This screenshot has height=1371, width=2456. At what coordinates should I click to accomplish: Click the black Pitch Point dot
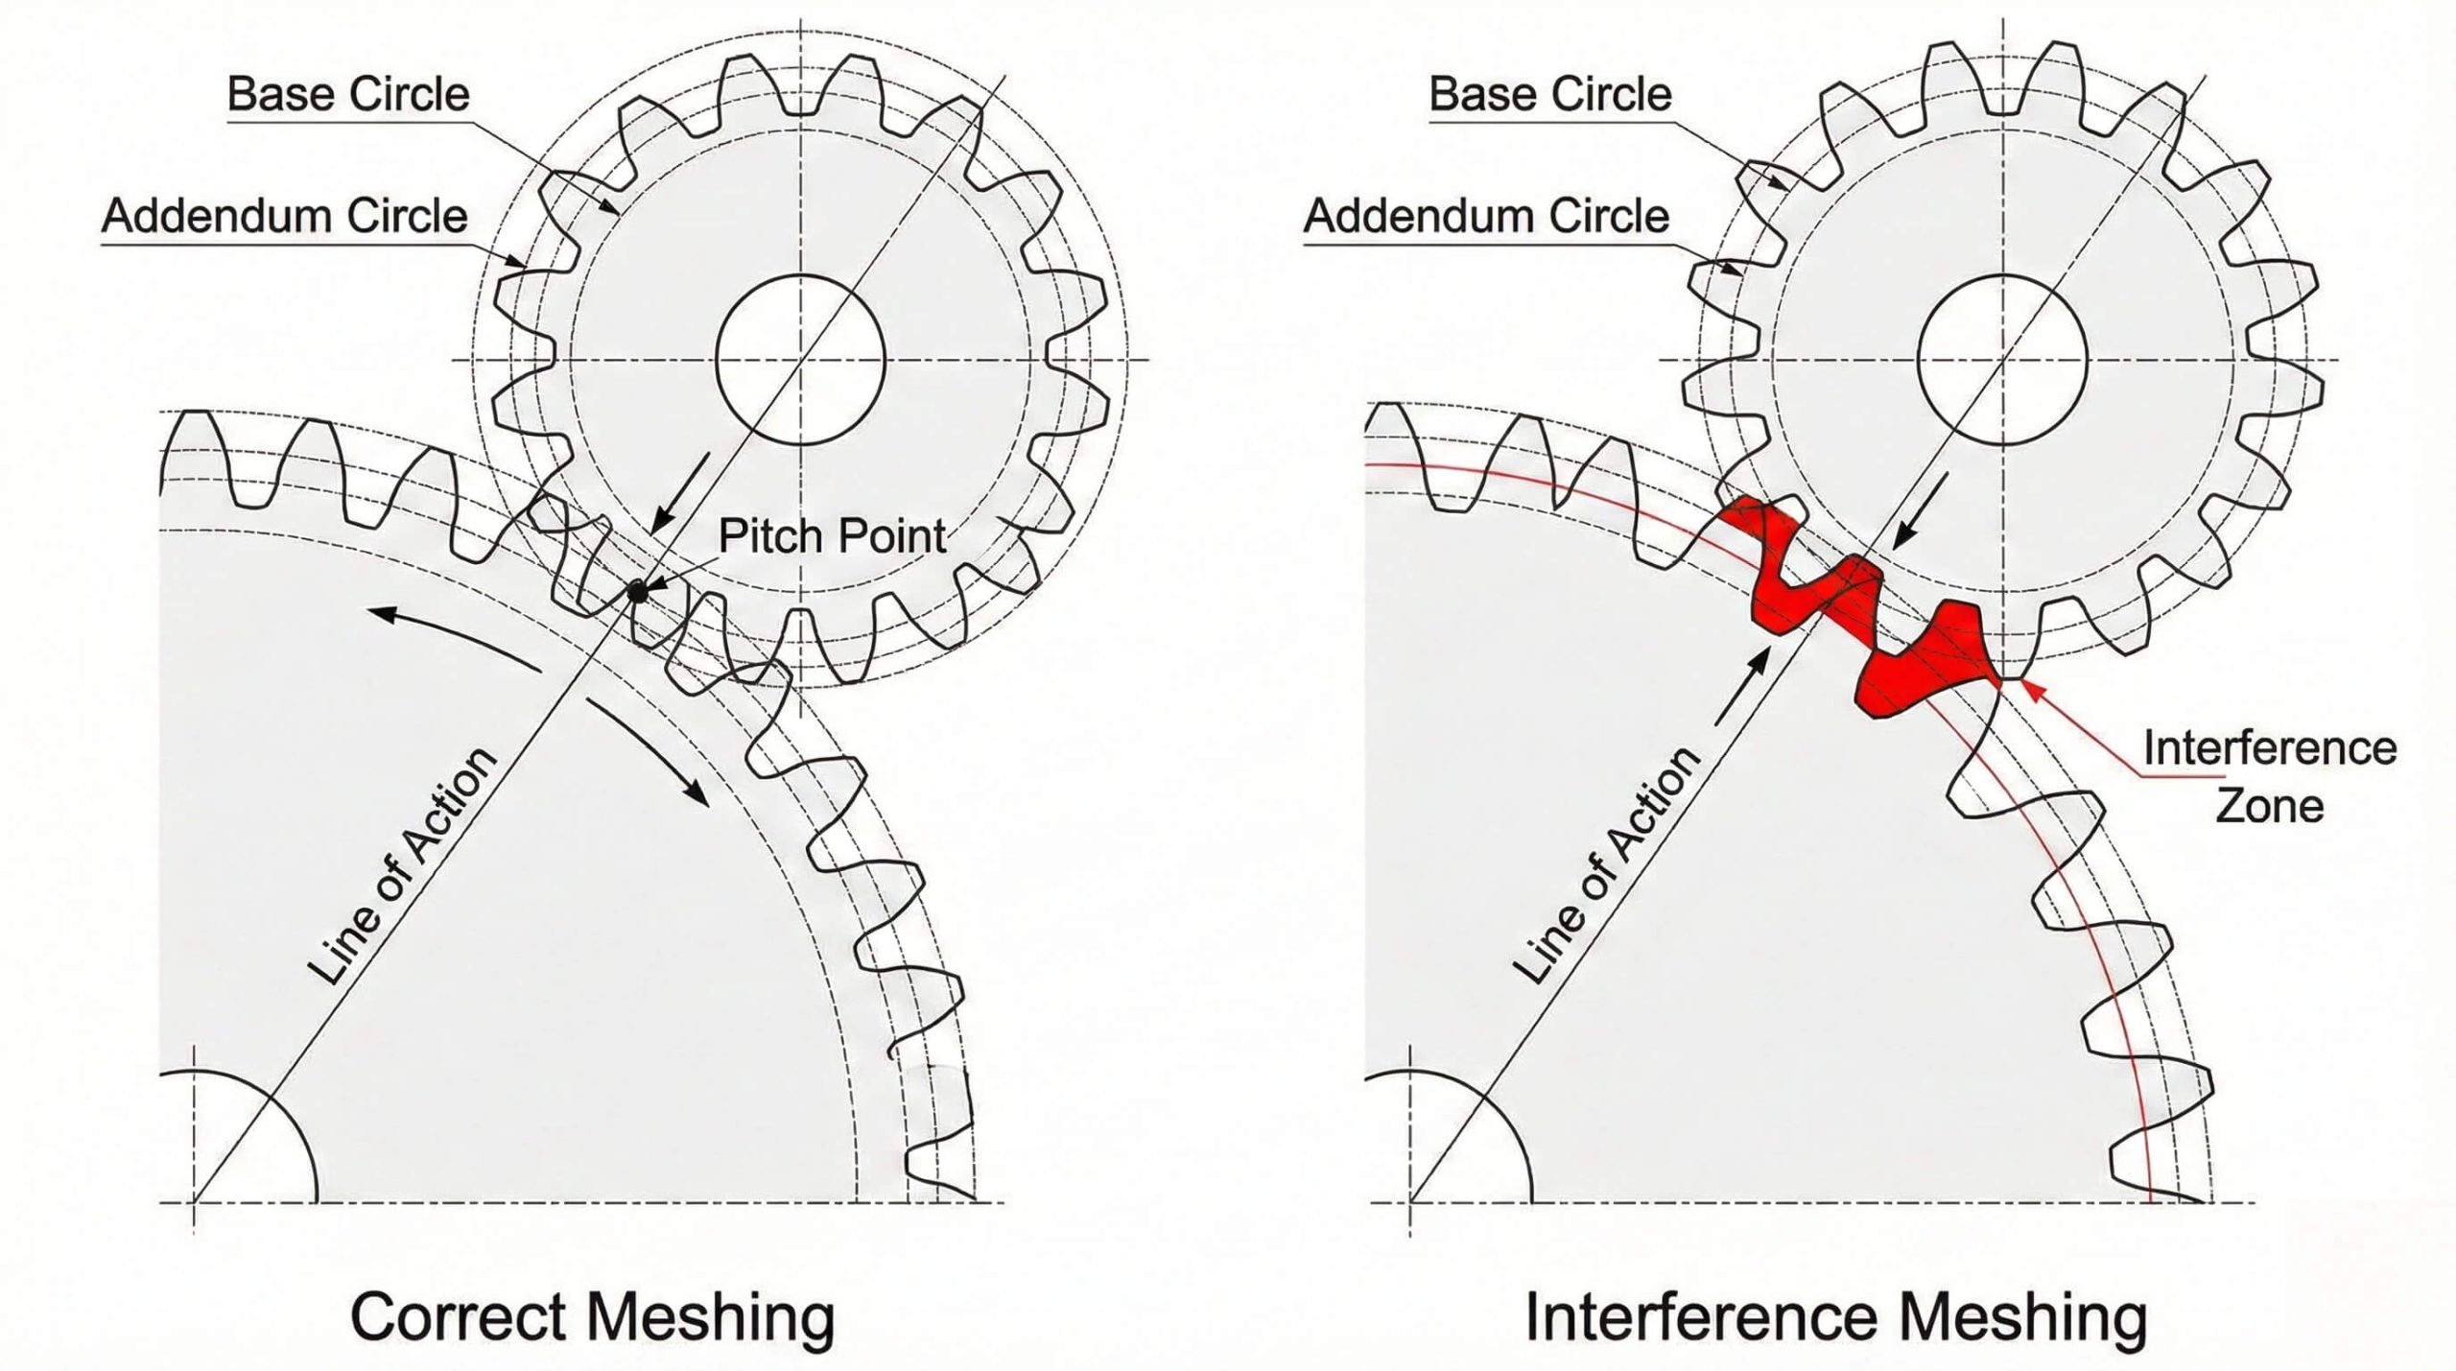637,594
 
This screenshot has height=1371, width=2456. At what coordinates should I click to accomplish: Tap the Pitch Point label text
832,535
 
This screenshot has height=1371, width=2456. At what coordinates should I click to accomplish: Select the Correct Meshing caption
592,1315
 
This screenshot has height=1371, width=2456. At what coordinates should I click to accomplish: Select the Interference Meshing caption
1835,1315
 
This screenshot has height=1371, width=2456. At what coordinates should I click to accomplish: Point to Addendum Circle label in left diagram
285,216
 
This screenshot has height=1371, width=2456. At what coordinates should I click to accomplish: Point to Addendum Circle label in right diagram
1486,216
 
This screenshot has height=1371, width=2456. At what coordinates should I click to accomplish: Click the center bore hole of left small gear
800,360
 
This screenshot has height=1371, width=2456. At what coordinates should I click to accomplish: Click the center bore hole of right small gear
2002,360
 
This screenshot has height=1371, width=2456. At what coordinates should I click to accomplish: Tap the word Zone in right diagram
2269,806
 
